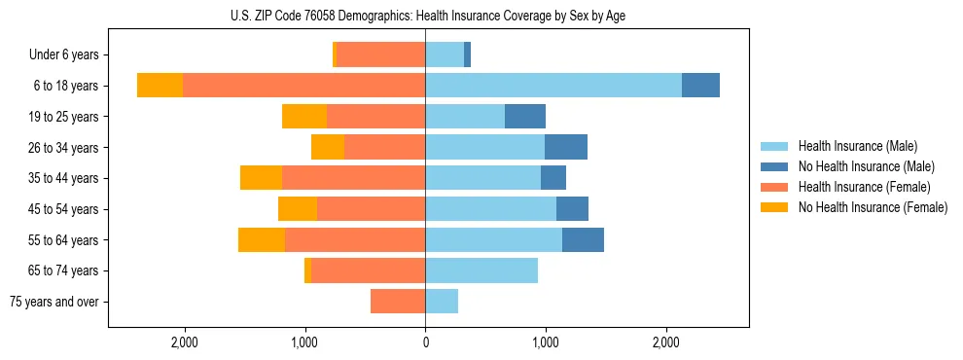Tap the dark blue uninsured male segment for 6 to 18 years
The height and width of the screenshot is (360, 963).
(700, 86)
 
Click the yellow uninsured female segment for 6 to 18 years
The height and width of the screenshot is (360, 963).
(160, 86)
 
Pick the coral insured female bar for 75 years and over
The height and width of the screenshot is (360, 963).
(398, 302)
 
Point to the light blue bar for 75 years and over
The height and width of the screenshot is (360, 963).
(442, 302)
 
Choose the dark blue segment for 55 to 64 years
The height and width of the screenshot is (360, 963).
(583, 240)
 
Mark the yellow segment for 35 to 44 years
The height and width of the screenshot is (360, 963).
(261, 178)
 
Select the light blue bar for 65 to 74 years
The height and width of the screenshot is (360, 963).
(481, 270)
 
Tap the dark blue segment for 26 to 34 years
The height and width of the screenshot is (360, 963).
(566, 148)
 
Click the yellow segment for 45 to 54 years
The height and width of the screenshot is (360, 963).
(298, 209)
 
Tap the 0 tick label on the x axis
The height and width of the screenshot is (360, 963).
(425, 342)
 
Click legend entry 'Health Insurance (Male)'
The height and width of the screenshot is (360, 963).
(857, 146)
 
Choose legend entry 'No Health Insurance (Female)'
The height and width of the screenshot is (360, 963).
(873, 207)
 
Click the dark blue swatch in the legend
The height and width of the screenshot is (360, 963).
(773, 166)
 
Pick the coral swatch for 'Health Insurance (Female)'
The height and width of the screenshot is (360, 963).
(773, 187)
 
